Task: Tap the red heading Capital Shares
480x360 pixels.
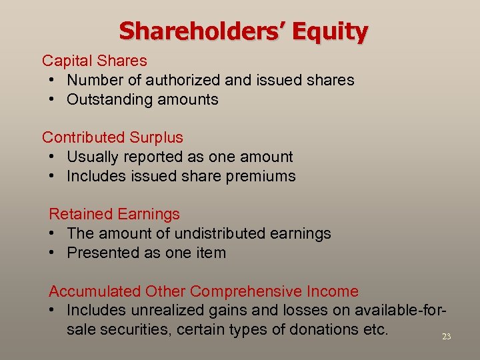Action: tap(95, 61)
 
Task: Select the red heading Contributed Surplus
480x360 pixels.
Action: tap(113, 137)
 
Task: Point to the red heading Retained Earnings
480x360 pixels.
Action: tap(114, 214)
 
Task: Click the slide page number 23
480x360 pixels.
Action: tap(446, 337)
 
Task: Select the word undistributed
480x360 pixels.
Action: tap(218, 233)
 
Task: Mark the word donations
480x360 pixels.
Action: tap(316, 329)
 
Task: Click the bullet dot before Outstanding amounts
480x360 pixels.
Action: tap(52, 100)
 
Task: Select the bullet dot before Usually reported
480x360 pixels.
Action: tap(52, 157)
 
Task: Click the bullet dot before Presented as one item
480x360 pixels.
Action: tap(52, 253)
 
